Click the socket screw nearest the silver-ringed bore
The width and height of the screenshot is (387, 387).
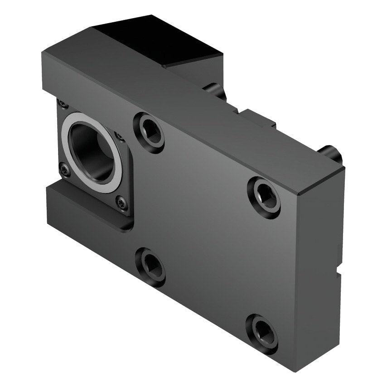pos(149,132)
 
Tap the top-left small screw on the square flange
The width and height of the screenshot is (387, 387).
pos(63,104)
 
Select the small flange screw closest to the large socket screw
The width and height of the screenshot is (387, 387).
pos(120,136)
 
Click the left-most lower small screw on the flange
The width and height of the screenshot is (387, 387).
pos(65,170)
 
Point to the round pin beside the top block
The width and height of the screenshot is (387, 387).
pos(217,90)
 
